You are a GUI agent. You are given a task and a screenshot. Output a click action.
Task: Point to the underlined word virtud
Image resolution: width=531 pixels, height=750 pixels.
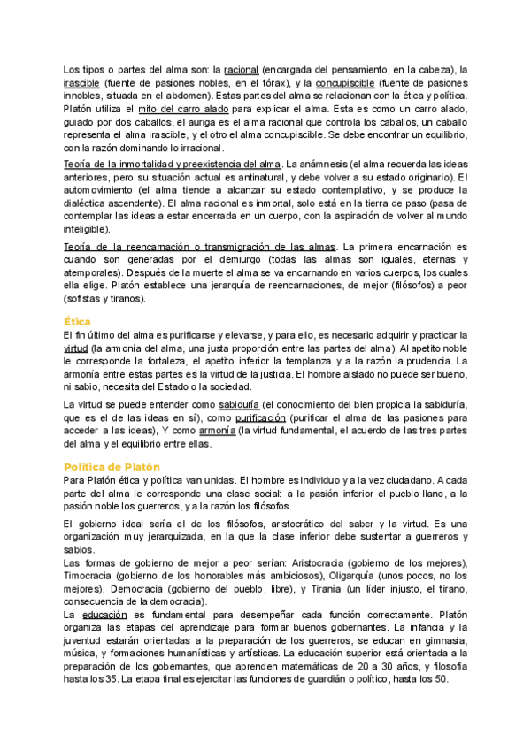coord(77,348)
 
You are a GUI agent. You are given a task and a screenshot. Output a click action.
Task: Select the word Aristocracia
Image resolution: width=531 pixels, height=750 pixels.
coord(350,563)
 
